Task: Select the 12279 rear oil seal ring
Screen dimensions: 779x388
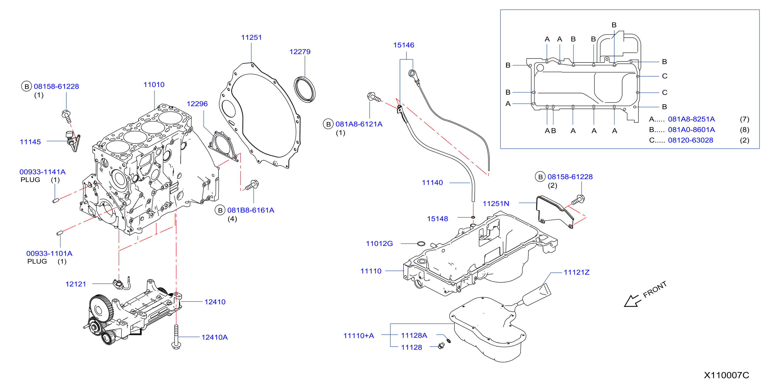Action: (x=304, y=90)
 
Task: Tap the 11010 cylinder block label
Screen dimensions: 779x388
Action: (x=154, y=84)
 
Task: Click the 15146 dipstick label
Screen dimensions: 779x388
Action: (x=403, y=45)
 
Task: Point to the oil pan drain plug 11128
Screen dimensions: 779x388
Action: (x=441, y=346)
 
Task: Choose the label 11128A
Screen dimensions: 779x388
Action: (x=414, y=335)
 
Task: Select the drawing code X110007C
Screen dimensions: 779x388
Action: (x=726, y=375)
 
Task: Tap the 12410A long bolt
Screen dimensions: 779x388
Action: (x=176, y=337)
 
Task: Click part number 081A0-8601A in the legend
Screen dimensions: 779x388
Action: (x=691, y=130)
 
